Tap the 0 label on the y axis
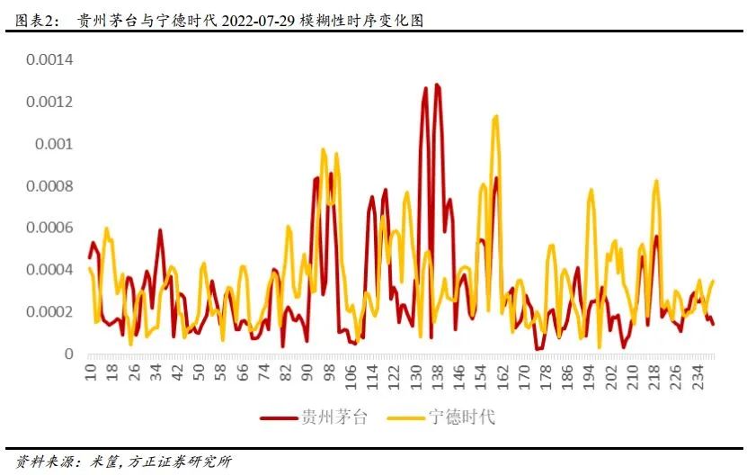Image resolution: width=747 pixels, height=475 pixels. [x=68, y=354]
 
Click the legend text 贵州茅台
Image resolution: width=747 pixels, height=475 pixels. [x=333, y=417]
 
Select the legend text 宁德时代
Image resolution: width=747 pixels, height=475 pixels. [x=462, y=417]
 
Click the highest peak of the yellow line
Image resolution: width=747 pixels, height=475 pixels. [x=495, y=116]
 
